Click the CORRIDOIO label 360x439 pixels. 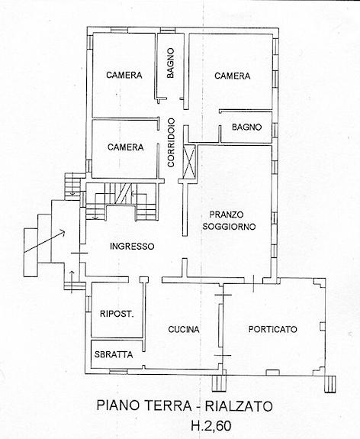pyautogui.click(x=171, y=143)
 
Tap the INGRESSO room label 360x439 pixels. pyautogui.click(x=132, y=247)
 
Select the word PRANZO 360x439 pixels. pyautogui.click(x=227, y=215)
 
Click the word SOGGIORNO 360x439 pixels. pyautogui.click(x=229, y=226)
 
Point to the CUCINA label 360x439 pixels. pyautogui.click(x=184, y=330)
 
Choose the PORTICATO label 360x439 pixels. pyautogui.click(x=273, y=329)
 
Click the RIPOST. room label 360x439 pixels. pyautogui.click(x=117, y=314)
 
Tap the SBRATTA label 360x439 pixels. pyautogui.click(x=114, y=355)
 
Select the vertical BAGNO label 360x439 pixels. pyautogui.click(x=170, y=63)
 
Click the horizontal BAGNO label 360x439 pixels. pyautogui.click(x=246, y=127)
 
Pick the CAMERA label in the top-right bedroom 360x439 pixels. pyautogui.click(x=233, y=76)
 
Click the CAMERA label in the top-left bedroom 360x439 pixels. pyautogui.click(x=124, y=75)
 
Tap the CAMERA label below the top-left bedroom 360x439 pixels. pyautogui.click(x=126, y=147)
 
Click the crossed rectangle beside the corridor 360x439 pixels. pyautogui.click(x=189, y=162)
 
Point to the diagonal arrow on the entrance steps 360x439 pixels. pyautogui.click(x=44, y=241)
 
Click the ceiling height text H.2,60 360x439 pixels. pyautogui.click(x=211, y=426)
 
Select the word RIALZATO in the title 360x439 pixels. pyautogui.click(x=239, y=405)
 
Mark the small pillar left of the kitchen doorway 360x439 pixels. pyautogui.click(x=144, y=279)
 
